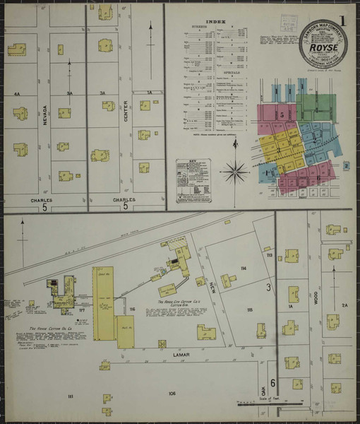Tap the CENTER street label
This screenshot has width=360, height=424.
coord(126,111)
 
